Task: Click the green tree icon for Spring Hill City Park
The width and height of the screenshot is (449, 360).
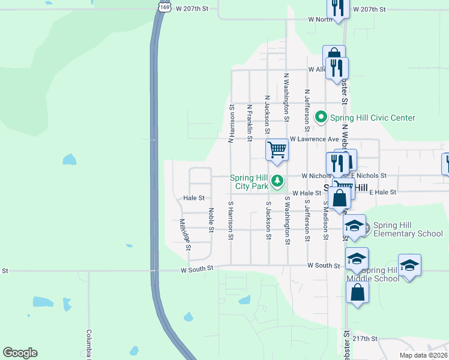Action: (277, 180)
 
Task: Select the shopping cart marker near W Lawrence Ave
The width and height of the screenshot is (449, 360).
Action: (277, 149)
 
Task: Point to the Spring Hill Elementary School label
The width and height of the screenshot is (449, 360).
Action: (408, 229)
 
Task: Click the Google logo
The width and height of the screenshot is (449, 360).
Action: (20, 353)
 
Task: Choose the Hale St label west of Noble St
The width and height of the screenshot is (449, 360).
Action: (194, 198)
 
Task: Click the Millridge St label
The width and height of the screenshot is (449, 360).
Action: (185, 235)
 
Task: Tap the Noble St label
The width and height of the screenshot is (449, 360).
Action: (211, 220)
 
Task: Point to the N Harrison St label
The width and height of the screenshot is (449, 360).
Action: (231, 124)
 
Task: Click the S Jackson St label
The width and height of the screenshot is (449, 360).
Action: (268, 221)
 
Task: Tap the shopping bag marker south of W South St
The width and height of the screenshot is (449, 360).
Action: (358, 293)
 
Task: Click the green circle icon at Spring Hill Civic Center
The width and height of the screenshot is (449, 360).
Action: (321, 118)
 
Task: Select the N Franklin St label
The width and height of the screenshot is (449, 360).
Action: (249, 123)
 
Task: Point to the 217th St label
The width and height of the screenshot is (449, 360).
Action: (365, 338)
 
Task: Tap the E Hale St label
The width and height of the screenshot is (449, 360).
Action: (383, 192)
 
